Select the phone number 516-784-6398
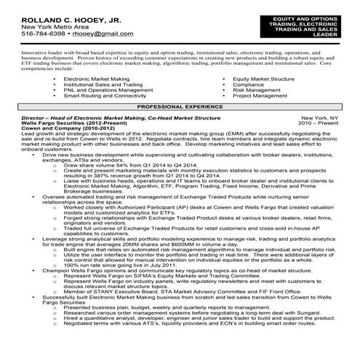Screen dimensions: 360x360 pyautogui.click(x=41, y=33)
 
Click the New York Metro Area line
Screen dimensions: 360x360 pyautogui.click(x=47, y=25)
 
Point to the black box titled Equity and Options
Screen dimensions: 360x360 pyautogui.click(x=315, y=25)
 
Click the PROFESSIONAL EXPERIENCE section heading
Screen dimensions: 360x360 pyautogui.click(x=180, y=106)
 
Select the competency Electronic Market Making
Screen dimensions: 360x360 pyautogui.click(x=96, y=78)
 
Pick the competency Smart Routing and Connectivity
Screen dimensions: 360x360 pyautogui.click(x=105, y=95)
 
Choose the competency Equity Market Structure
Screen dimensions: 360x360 pyautogui.click(x=263, y=78)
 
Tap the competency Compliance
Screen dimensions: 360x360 pyautogui.click(x=248, y=84)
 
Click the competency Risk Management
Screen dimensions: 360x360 pyautogui.click(x=257, y=89)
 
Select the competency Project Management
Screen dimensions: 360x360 pyautogui.click(x=260, y=95)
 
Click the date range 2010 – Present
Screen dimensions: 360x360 pyautogui.click(x=319, y=123)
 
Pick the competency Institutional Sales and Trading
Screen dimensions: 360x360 pyautogui.click(x=103, y=84)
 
